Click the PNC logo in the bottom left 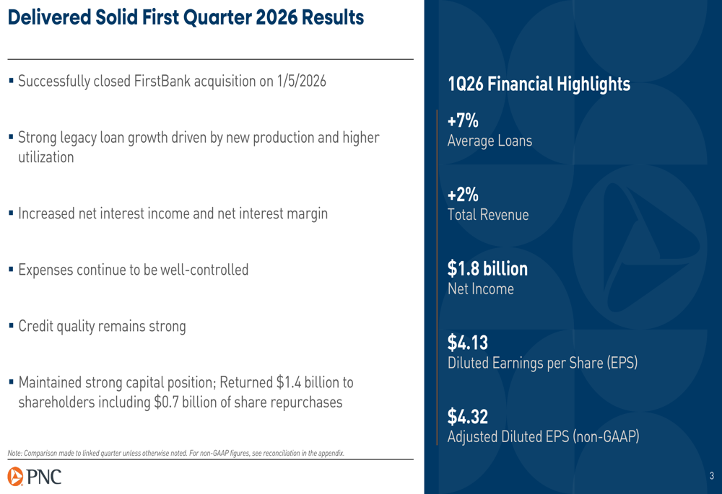coord(35,477)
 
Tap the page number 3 coord(711,476)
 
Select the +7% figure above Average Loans coord(463,121)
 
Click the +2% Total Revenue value coord(463,195)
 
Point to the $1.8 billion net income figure coord(487,269)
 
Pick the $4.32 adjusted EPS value coord(467,417)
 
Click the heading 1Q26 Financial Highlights coord(539,84)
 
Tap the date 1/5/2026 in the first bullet coord(301,81)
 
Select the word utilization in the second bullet coord(45,156)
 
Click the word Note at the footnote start coord(14,453)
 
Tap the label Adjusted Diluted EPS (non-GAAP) coord(543,436)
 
